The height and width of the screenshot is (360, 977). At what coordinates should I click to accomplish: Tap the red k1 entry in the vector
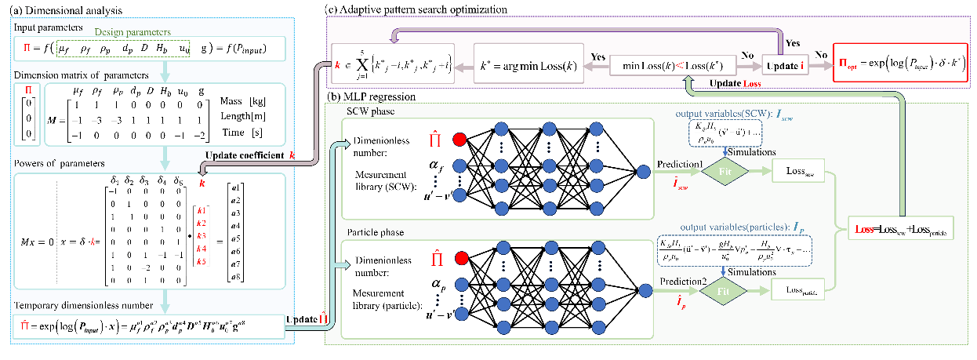(202, 211)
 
